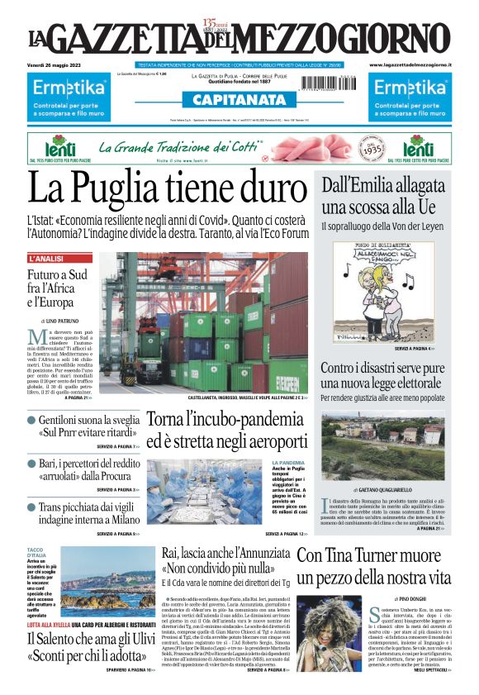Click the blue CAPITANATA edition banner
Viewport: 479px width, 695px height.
tap(239, 100)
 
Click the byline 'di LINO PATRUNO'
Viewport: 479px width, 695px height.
tap(64, 319)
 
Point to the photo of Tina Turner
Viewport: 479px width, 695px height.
tap(330, 628)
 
